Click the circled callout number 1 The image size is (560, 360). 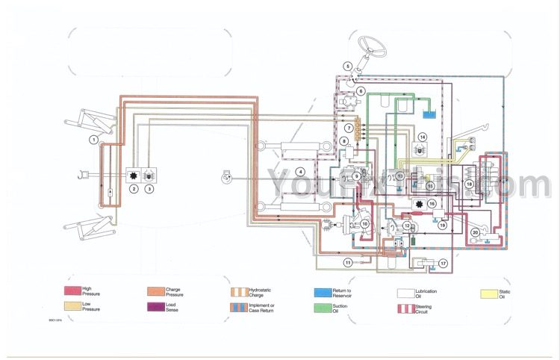tap(94, 139)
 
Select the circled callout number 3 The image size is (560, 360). tap(149, 189)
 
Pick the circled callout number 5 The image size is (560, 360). tap(347, 66)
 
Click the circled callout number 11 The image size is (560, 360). tap(347, 262)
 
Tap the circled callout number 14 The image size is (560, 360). tap(422, 137)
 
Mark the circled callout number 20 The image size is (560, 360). tap(475, 233)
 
